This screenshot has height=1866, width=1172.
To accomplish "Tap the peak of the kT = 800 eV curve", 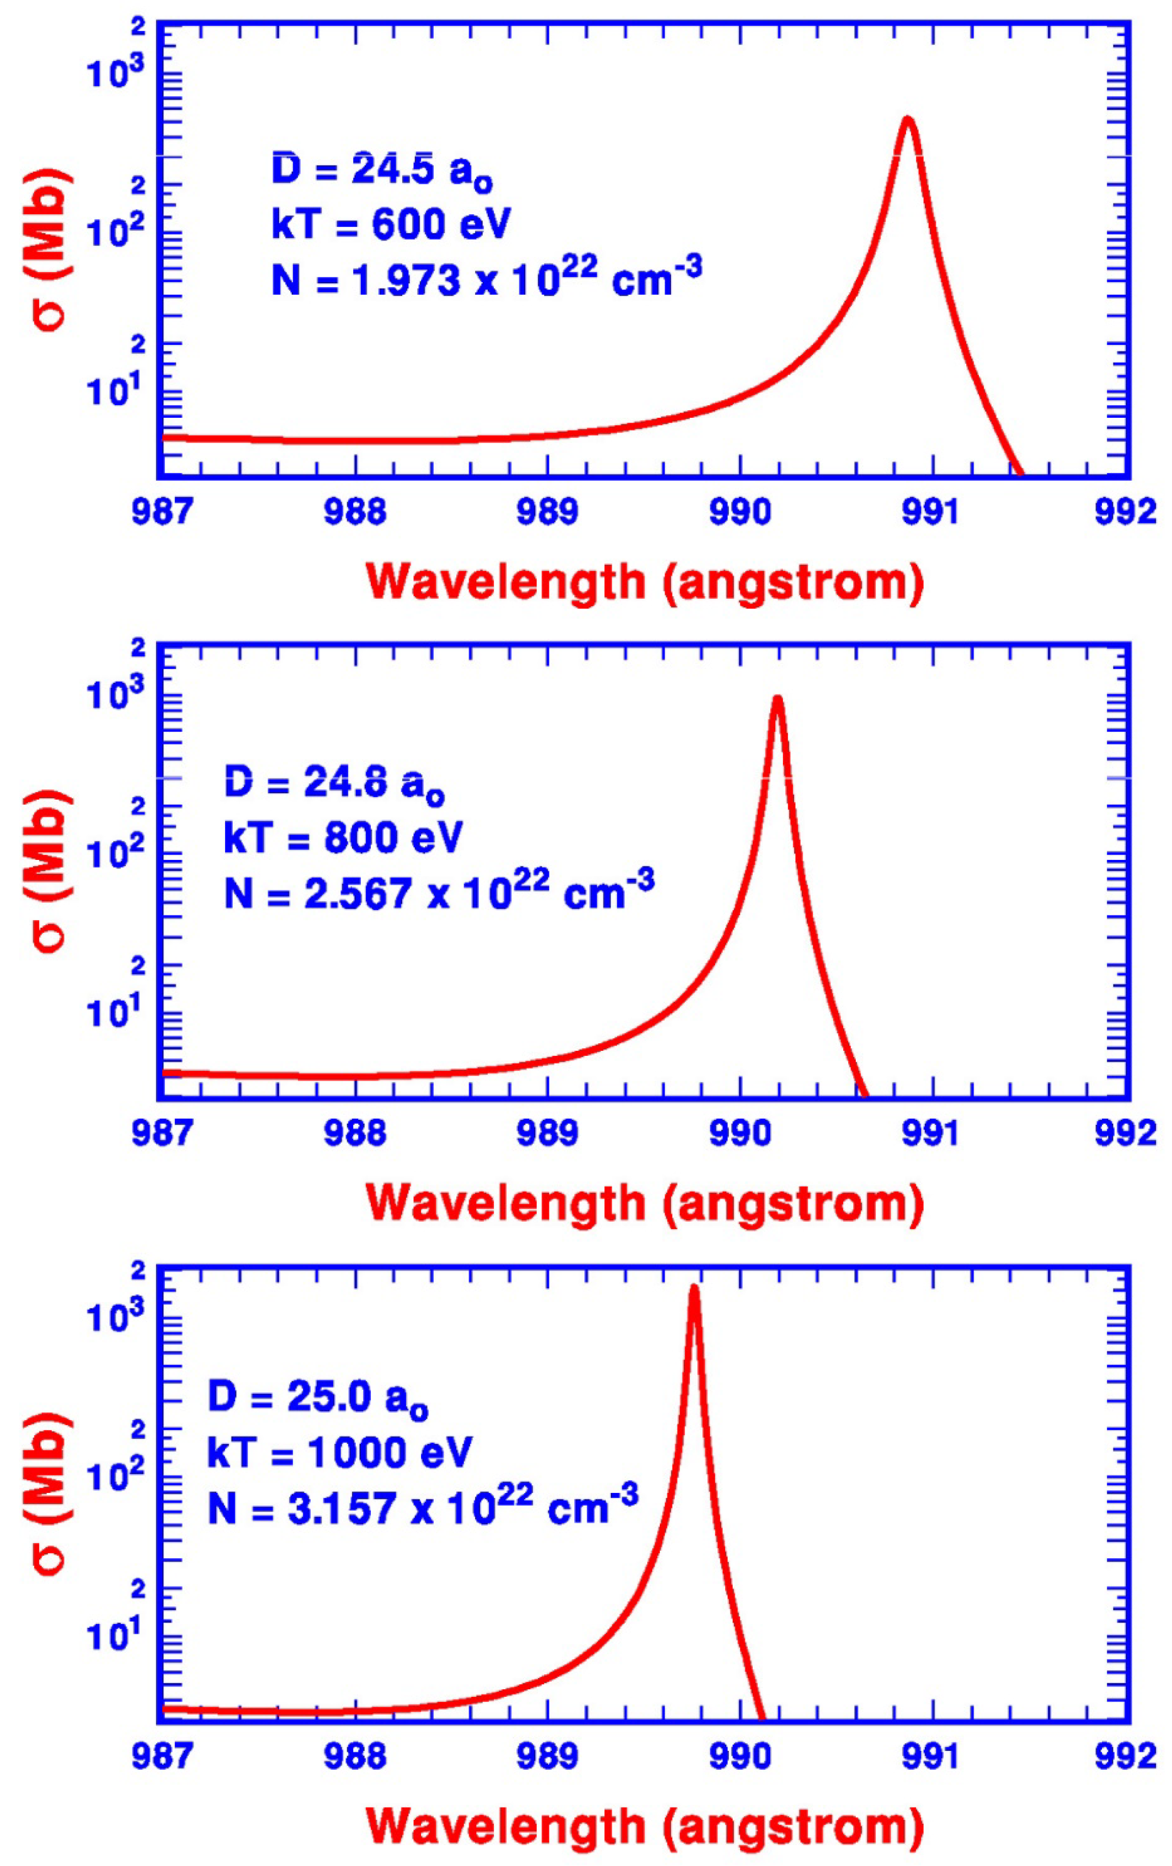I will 777,699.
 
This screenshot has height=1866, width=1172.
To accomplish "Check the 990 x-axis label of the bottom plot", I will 740,1756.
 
